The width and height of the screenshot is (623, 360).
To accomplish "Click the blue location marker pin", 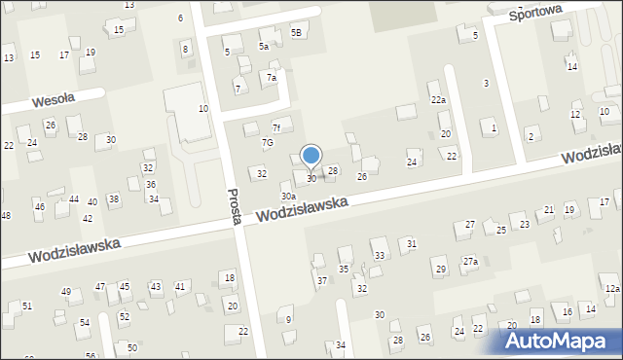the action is pyautogui.click(x=311, y=156).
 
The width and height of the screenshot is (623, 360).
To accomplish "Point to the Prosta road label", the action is pyautogui.click(x=234, y=206).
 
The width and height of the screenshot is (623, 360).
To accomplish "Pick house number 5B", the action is pyautogui.click(x=296, y=33).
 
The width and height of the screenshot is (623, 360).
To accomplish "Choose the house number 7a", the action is pyautogui.click(x=273, y=77).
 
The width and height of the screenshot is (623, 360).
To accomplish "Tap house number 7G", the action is pyautogui.click(x=267, y=142).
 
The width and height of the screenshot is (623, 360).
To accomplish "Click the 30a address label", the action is pyautogui.click(x=288, y=197).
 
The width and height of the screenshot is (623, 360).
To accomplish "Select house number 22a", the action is pyautogui.click(x=439, y=100).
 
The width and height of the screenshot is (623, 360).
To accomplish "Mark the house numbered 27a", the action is pyautogui.click(x=470, y=261).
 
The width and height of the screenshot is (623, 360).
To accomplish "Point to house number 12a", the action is pyautogui.click(x=611, y=289).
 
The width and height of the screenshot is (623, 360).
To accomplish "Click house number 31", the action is pyautogui.click(x=412, y=243).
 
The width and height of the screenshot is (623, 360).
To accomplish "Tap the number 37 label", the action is pyautogui.click(x=322, y=280).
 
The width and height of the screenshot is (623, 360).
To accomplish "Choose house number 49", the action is pyautogui.click(x=66, y=292).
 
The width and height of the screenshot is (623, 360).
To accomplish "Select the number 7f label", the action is pyautogui.click(x=277, y=126).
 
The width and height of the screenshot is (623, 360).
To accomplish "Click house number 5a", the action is pyautogui.click(x=263, y=46).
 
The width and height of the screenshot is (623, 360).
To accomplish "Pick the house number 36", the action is pyautogui.click(x=151, y=184).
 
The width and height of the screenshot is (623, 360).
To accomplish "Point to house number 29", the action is pyautogui.click(x=440, y=269).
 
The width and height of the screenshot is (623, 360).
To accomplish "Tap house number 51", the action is pyautogui.click(x=27, y=306).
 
